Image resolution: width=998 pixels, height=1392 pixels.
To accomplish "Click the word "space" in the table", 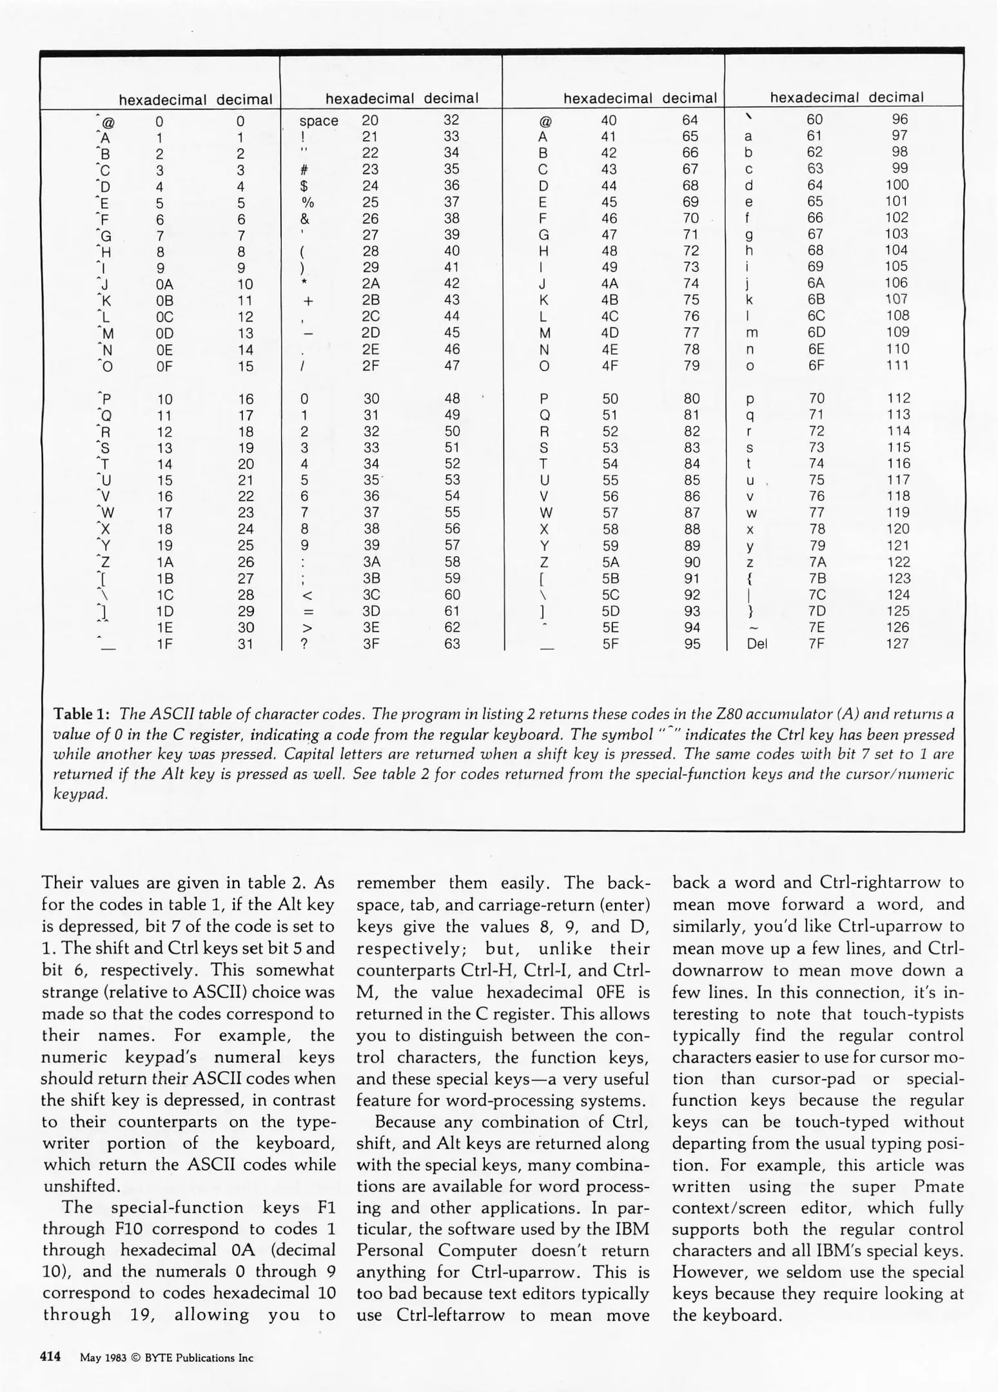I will (x=318, y=121).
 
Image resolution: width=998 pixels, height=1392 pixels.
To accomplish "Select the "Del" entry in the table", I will (x=756, y=643).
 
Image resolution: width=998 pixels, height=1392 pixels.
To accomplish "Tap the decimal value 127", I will (x=897, y=643).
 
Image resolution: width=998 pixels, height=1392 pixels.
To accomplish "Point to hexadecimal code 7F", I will (x=816, y=643).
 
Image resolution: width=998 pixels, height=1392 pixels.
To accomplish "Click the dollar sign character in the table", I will (x=304, y=186).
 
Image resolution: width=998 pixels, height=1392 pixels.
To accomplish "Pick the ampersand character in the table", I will (x=305, y=219).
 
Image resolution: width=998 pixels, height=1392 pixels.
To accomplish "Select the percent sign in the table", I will (x=308, y=202).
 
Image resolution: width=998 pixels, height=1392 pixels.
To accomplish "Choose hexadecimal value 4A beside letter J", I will (x=609, y=284).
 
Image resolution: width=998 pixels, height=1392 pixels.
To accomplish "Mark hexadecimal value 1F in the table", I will (x=164, y=644).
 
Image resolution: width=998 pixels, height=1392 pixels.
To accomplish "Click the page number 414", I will (x=50, y=1357).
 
